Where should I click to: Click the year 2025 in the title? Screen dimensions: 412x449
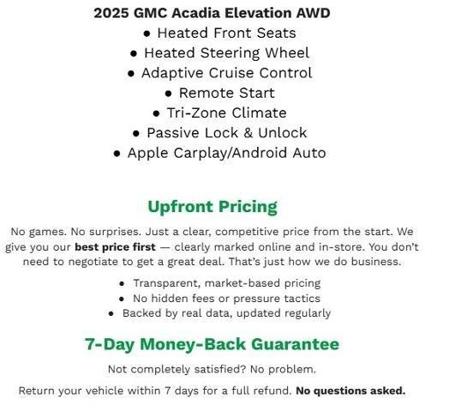[111, 13]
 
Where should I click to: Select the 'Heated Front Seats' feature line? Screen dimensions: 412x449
[226, 33]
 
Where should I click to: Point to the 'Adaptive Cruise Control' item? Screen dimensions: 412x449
[226, 73]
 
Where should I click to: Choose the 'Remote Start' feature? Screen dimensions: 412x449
[226, 93]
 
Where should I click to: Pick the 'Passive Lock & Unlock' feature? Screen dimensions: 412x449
[226, 132]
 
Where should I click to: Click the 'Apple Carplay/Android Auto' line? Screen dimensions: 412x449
[226, 153]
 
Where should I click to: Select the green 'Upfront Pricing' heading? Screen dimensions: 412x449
[213, 207]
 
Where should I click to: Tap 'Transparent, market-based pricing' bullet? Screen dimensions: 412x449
[226, 282]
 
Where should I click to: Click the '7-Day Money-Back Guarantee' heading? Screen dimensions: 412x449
[212, 344]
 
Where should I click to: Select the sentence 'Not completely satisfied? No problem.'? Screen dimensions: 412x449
[212, 369]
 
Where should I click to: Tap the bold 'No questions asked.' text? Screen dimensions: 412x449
[350, 391]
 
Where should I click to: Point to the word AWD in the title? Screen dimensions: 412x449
[312, 13]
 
